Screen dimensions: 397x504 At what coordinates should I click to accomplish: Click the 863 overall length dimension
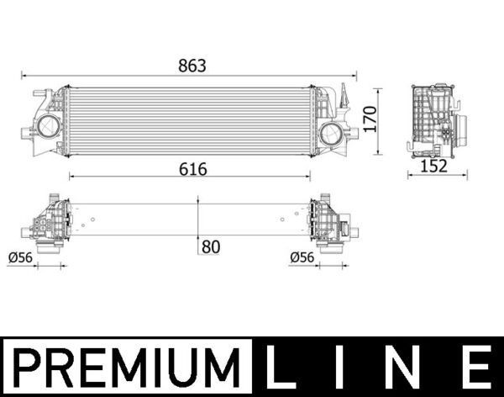click(x=192, y=65)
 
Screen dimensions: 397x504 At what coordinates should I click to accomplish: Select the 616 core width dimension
click(x=192, y=168)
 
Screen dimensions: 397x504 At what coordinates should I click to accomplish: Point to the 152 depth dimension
click(x=433, y=166)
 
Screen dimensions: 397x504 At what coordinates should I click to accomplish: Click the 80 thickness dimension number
click(x=212, y=246)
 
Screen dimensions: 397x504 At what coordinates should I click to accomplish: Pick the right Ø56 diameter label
click(x=302, y=257)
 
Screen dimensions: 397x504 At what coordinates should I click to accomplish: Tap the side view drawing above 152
click(x=433, y=120)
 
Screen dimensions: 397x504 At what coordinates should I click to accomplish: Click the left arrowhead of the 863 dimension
click(x=26, y=74)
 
